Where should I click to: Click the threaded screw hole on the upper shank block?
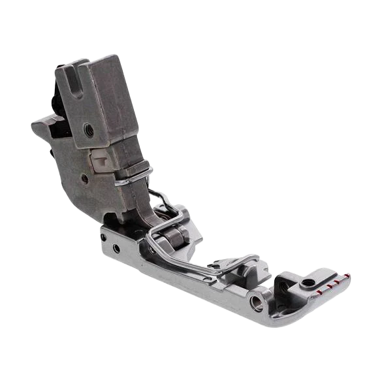pyautogui.click(x=89, y=129)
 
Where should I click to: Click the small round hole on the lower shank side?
pyautogui.click(x=85, y=178)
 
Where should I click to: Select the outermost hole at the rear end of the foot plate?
pyautogui.click(x=104, y=237)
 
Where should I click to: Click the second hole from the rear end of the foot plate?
pyautogui.click(x=116, y=248)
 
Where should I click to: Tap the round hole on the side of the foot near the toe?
pyautogui.click(x=259, y=303)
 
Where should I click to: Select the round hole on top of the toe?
pyautogui.click(x=306, y=283)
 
